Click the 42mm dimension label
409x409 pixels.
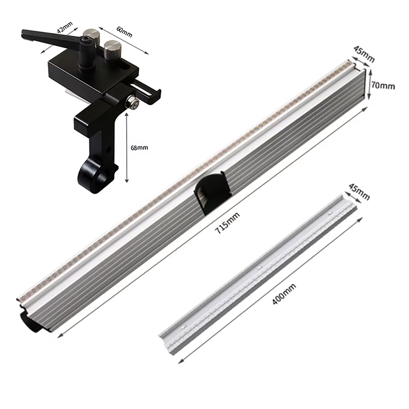(65, 27)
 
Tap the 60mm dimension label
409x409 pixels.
(124, 31)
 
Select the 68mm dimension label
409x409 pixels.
(139, 148)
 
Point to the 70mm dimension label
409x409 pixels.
(383, 85)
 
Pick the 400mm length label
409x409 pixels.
(284, 294)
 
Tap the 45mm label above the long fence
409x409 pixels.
(364, 54)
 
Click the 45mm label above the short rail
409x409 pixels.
(359, 193)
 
